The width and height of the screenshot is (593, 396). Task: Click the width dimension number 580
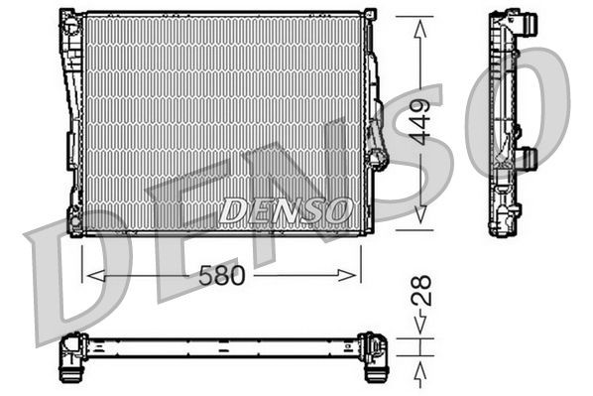pyautogui.click(x=221, y=275)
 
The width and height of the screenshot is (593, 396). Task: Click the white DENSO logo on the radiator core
pyautogui.click(x=286, y=210)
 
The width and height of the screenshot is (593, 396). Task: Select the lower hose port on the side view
pyautogui.click(x=529, y=157)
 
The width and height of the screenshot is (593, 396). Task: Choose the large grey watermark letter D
pyautogui.click(x=69, y=283)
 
